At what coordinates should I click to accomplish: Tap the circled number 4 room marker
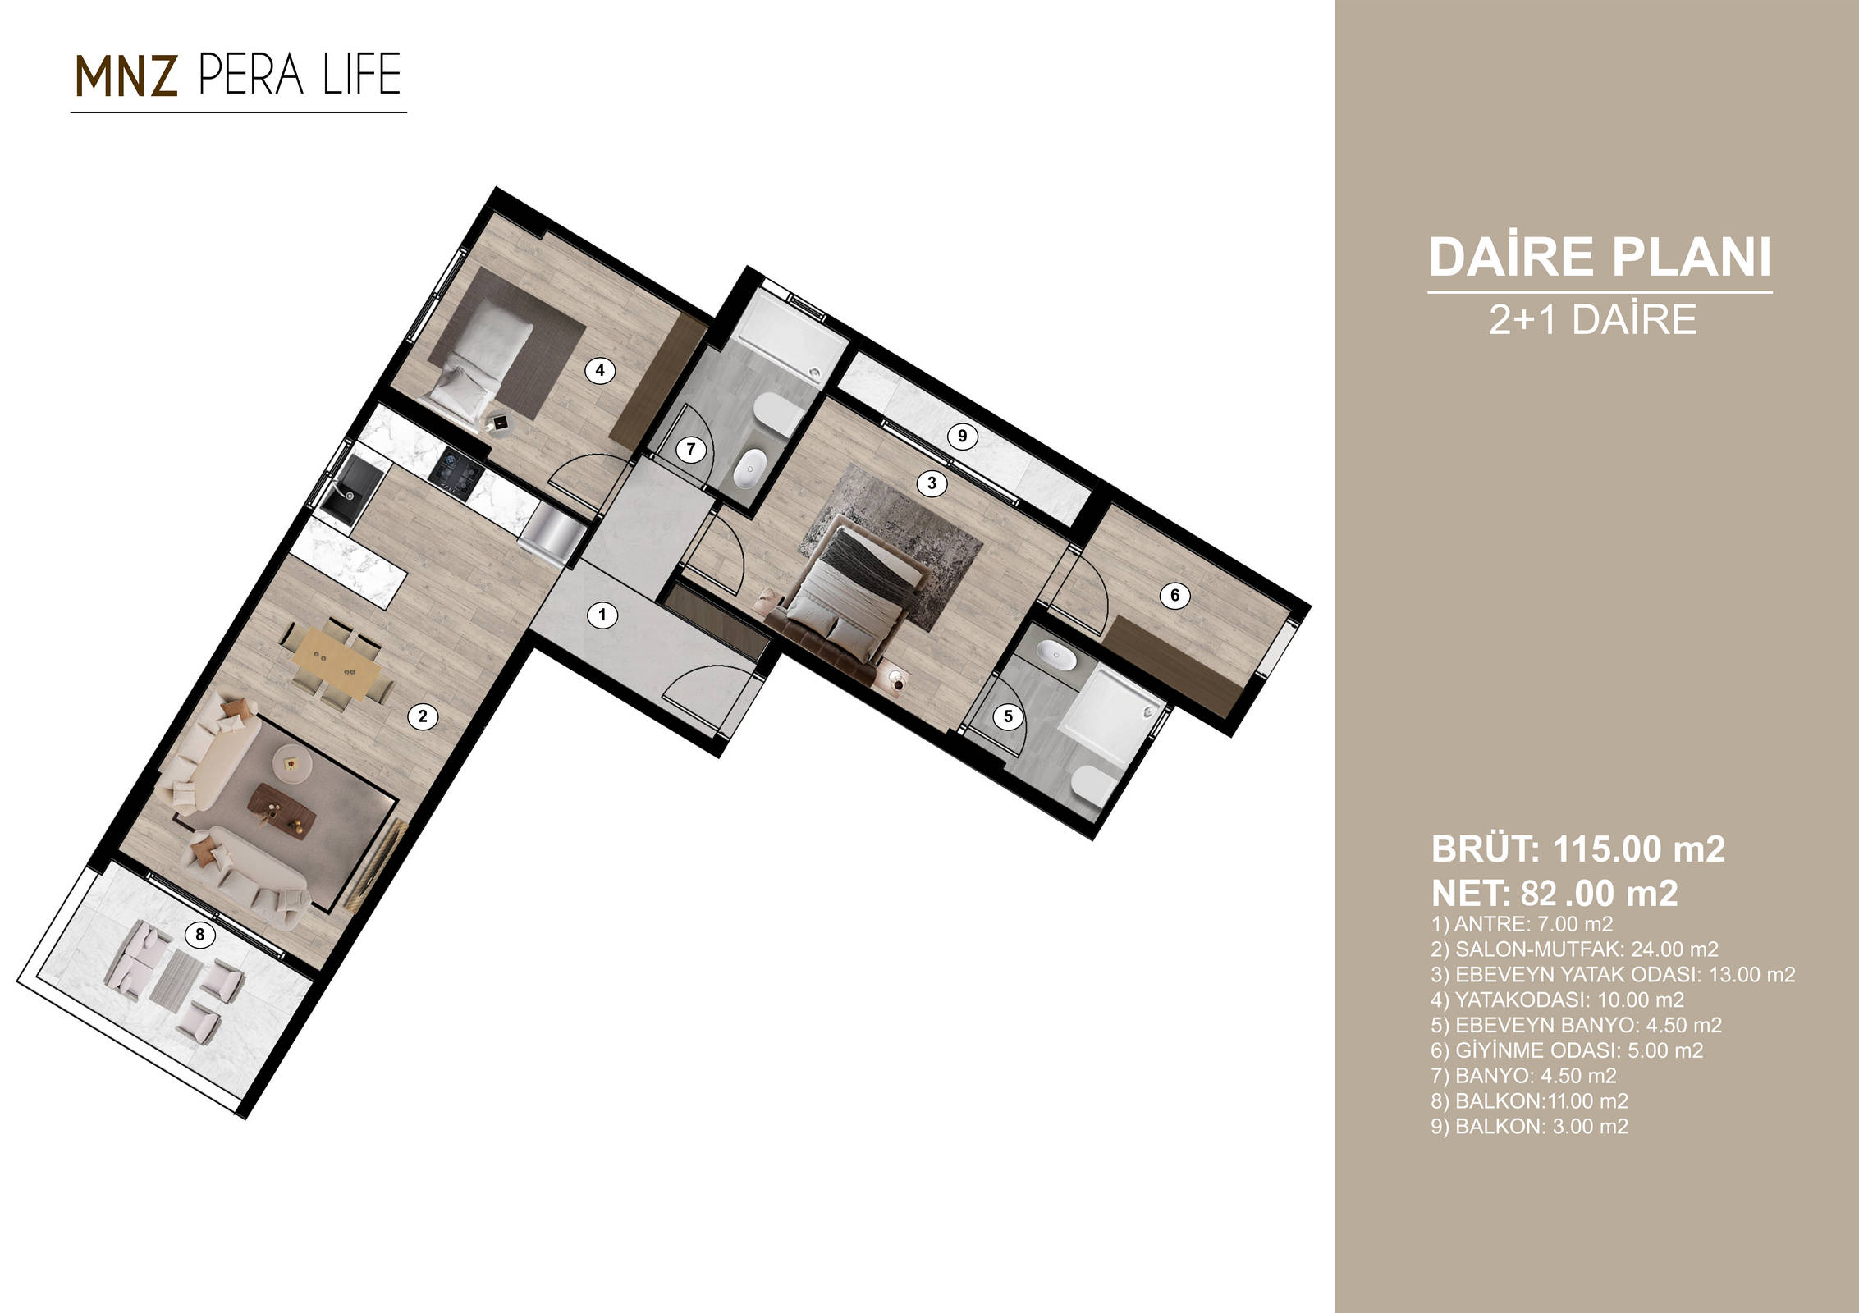[600, 370]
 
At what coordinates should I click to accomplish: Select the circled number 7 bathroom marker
[691, 449]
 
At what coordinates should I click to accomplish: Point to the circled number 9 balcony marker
[963, 437]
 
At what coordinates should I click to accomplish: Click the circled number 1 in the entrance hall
[603, 615]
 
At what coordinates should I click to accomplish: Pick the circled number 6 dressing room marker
[1174, 595]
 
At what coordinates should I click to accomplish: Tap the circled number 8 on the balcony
[199, 934]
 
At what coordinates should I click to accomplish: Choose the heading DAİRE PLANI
[1600, 257]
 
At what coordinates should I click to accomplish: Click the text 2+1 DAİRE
[1593, 319]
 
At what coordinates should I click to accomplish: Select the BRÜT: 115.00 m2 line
[1577, 849]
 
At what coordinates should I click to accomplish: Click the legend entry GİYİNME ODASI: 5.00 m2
[1567, 1050]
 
